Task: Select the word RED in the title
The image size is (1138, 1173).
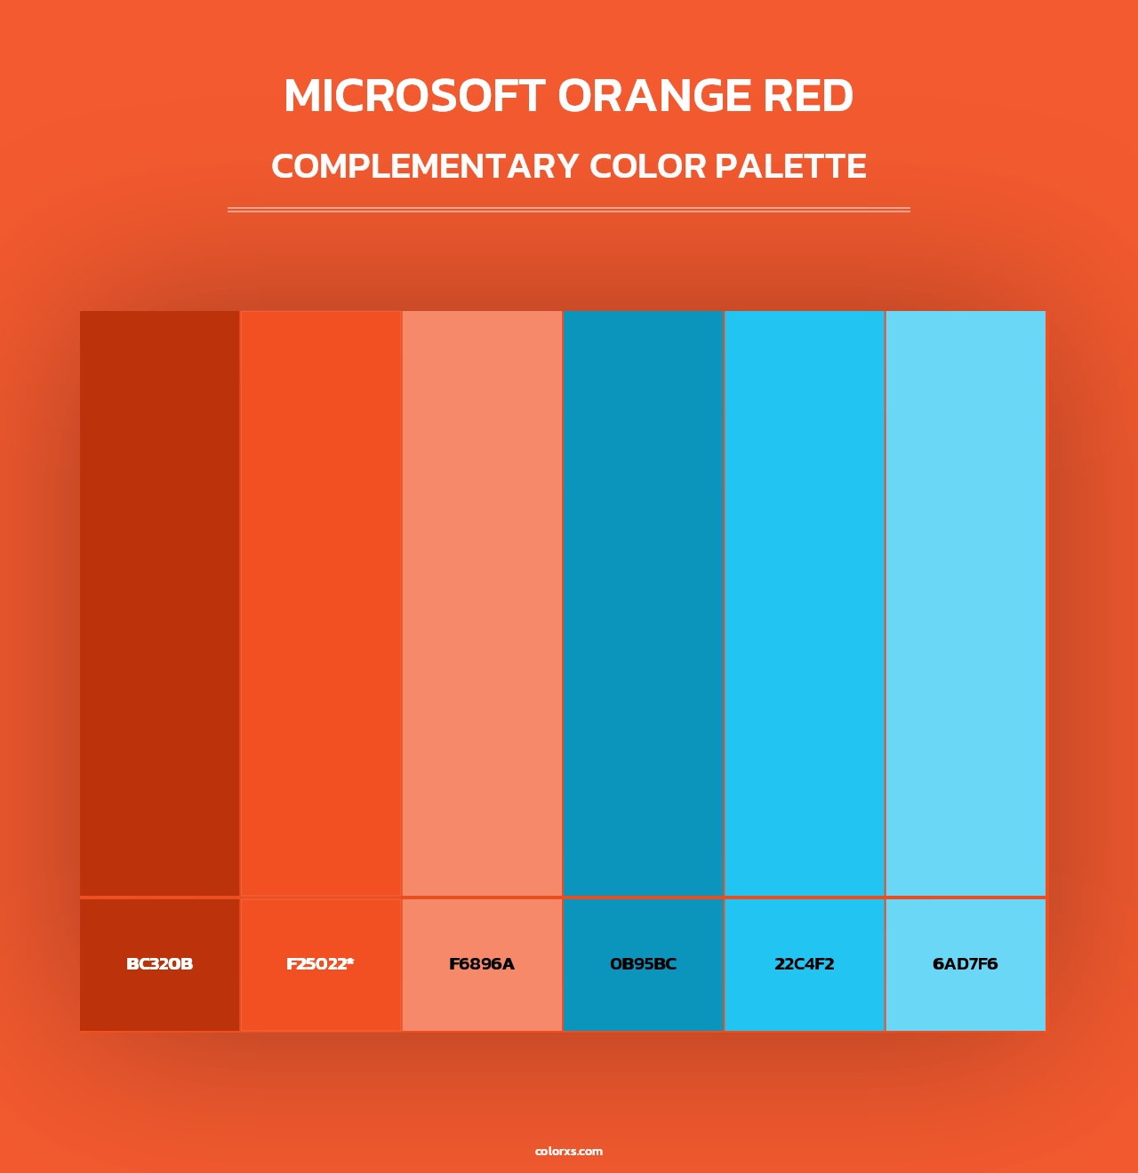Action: click(x=808, y=96)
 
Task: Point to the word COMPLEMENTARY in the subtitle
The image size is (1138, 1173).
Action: click(x=425, y=166)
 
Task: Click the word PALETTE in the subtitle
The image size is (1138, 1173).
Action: click(x=790, y=166)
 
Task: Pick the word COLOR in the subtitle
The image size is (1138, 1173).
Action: click(x=647, y=166)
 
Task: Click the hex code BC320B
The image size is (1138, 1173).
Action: click(x=160, y=964)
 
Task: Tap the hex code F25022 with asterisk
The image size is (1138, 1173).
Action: click(x=320, y=964)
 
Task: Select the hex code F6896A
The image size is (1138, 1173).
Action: click(x=482, y=964)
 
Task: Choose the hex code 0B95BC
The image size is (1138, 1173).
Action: click(x=643, y=964)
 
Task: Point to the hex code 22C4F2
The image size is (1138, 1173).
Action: click(x=805, y=964)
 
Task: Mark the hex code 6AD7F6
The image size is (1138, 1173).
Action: click(x=966, y=964)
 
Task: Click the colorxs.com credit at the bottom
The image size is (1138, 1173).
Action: click(x=569, y=1151)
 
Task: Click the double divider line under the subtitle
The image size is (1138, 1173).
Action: click(x=569, y=210)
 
